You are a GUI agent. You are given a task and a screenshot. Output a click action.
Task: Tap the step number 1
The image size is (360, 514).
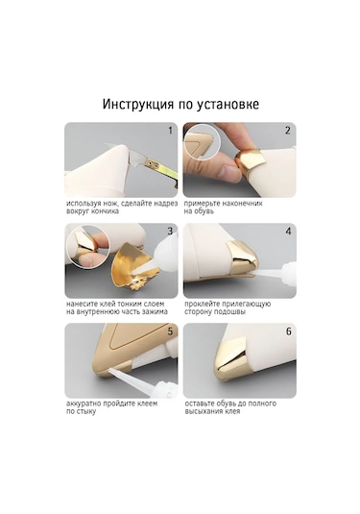170,130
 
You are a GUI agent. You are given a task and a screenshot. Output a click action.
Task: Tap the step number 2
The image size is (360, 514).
287,130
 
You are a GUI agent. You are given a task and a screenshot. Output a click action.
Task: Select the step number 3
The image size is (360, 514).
170,232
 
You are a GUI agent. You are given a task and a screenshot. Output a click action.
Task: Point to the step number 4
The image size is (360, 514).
287,232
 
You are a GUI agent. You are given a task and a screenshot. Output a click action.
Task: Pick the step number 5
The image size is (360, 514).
170,331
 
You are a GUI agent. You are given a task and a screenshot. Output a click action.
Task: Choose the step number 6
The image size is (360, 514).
287,331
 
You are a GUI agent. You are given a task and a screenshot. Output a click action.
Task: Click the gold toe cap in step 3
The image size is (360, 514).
134,270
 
